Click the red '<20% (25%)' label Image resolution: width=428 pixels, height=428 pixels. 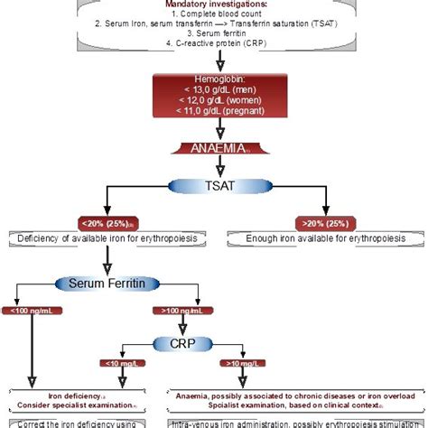[x=107, y=223]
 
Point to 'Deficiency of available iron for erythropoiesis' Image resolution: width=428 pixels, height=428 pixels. [x=107, y=239]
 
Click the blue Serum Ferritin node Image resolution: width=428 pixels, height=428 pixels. [x=107, y=284]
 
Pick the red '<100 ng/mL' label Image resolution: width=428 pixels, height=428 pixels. [x=32, y=312]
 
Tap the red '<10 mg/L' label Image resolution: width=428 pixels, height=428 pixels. [x=122, y=364]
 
